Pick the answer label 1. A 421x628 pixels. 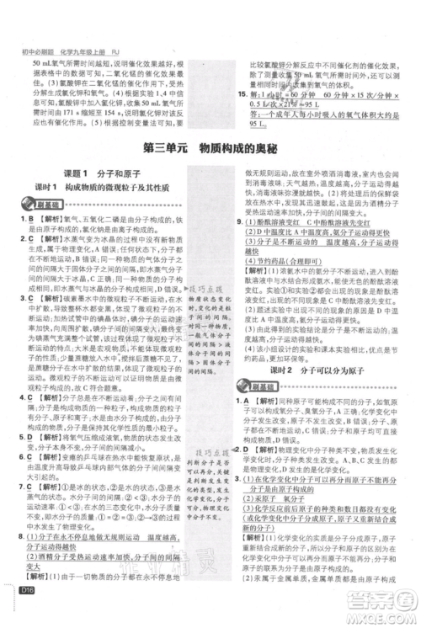(x=243, y=380)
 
